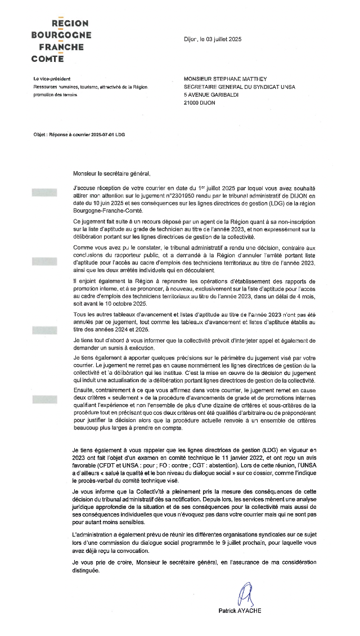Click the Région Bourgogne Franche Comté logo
(61, 41)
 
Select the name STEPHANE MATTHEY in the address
(231, 79)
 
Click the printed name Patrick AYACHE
(240, 611)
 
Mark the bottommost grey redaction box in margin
(45, 400)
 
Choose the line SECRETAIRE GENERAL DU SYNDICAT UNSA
(239, 87)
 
